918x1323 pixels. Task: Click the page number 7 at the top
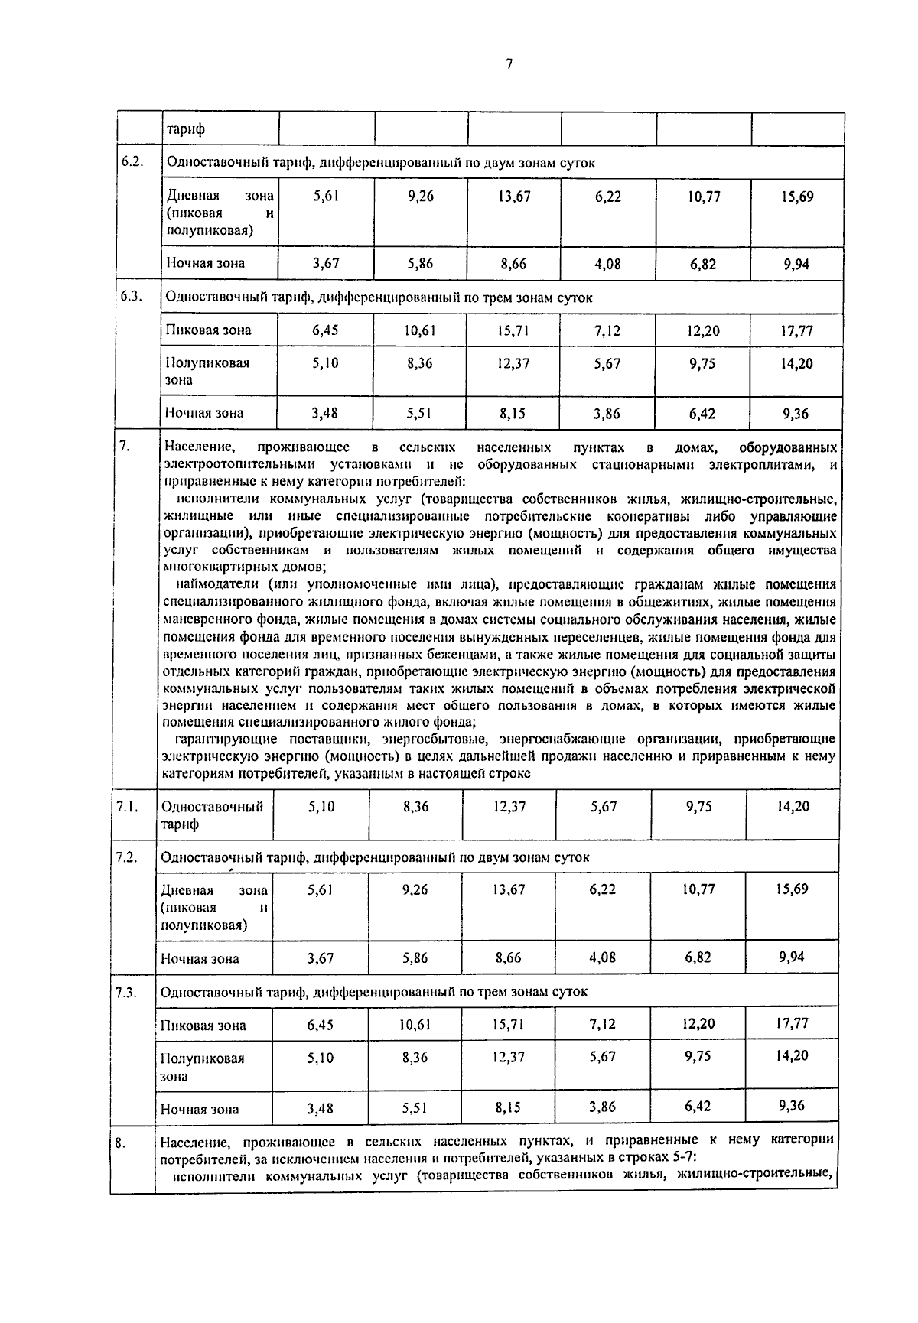[x=508, y=65]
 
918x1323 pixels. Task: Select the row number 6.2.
[x=132, y=162]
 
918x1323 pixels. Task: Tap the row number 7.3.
[x=126, y=992]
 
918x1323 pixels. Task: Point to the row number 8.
[x=120, y=1143]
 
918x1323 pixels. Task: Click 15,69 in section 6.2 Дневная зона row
[x=797, y=197]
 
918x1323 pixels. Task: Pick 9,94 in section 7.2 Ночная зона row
[x=792, y=956]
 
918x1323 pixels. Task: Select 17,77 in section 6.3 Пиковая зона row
[x=797, y=331]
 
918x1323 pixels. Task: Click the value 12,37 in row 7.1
[x=509, y=806]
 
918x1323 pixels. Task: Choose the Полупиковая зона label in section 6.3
[x=208, y=371]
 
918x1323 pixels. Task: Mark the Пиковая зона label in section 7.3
[x=203, y=1026]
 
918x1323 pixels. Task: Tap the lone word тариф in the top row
[x=186, y=129]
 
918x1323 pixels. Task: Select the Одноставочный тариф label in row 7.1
[x=212, y=814]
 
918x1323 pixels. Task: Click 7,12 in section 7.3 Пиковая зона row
[x=603, y=1023]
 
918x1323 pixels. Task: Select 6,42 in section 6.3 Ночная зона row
[x=702, y=414]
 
